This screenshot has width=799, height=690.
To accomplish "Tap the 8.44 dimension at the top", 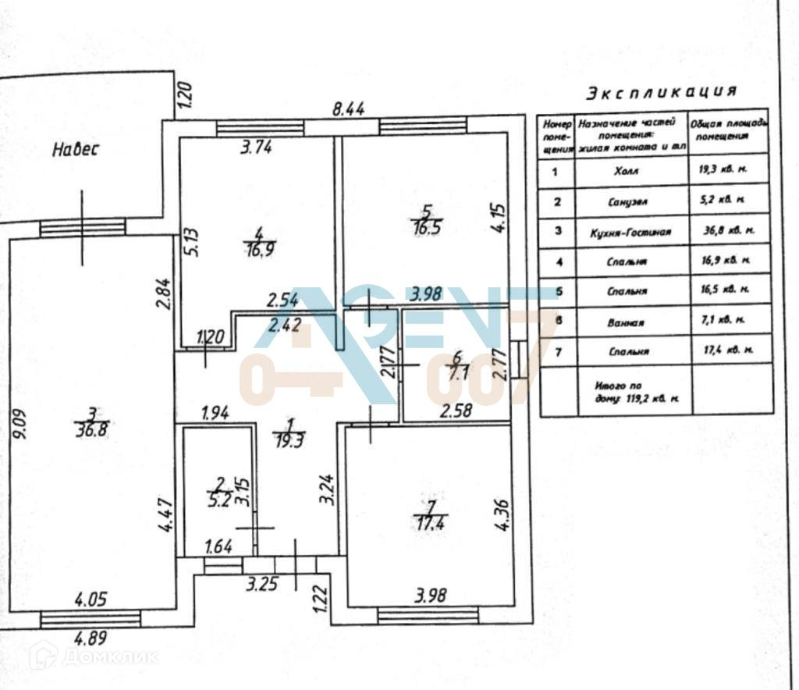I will (x=349, y=110).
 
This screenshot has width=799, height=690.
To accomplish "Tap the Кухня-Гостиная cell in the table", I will (x=631, y=231).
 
